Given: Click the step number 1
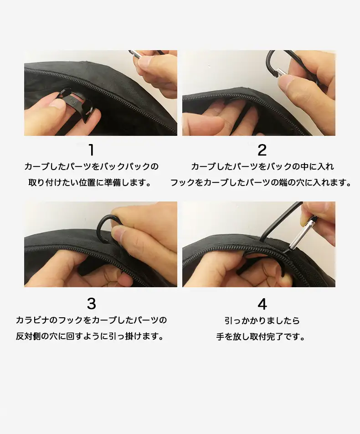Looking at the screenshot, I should tap(91, 150).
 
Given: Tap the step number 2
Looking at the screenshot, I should tap(262, 150).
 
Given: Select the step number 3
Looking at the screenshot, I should tap(91, 304).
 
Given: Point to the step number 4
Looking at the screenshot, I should tap(262, 304).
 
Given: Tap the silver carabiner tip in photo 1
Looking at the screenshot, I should tap(135, 54).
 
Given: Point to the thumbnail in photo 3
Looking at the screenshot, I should tap(118, 235).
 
